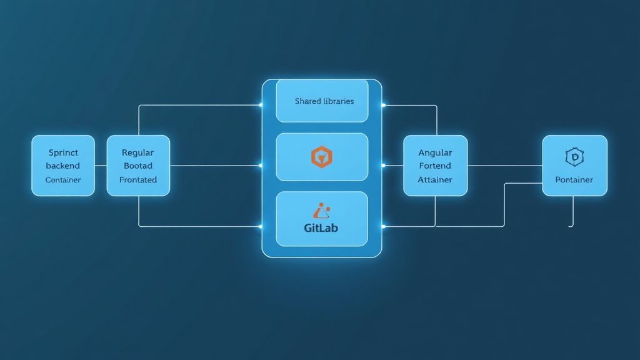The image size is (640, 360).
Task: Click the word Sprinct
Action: [x=63, y=152]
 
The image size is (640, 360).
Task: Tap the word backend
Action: [x=63, y=166]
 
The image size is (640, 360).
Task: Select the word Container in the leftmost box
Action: [x=63, y=179]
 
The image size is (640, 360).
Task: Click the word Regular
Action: [x=137, y=152]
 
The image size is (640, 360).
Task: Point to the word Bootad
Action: [x=137, y=166]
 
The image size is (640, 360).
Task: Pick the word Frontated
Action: [x=137, y=179]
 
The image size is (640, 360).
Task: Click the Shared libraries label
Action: [x=324, y=101]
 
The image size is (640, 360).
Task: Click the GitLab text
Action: [x=321, y=227]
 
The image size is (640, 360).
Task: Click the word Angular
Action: [x=435, y=152]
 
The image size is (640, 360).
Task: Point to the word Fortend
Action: [x=435, y=166]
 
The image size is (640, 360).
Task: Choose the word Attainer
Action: [x=435, y=179]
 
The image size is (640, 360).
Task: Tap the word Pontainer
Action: [x=574, y=179]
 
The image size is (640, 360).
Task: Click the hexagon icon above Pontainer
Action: [x=573, y=157]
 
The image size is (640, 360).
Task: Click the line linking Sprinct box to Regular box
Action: [x=101, y=166]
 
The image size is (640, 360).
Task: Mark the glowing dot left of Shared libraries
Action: [x=261, y=105]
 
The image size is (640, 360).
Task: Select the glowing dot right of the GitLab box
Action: [x=383, y=226]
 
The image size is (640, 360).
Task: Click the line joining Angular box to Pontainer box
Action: [x=504, y=166]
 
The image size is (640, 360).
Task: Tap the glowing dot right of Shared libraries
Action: [x=383, y=105]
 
